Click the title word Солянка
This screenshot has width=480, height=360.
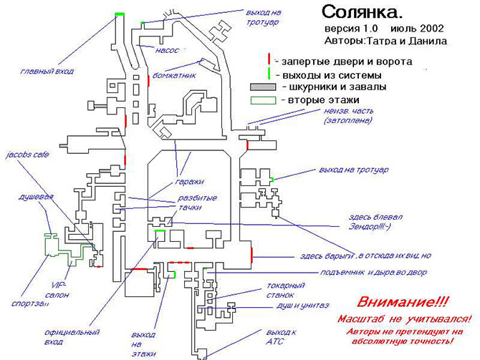363,12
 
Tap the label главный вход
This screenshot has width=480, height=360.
47,71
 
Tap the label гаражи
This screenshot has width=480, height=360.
188,181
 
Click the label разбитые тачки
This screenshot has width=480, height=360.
197,203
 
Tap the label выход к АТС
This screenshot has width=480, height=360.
280,337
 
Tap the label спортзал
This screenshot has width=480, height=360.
30,303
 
